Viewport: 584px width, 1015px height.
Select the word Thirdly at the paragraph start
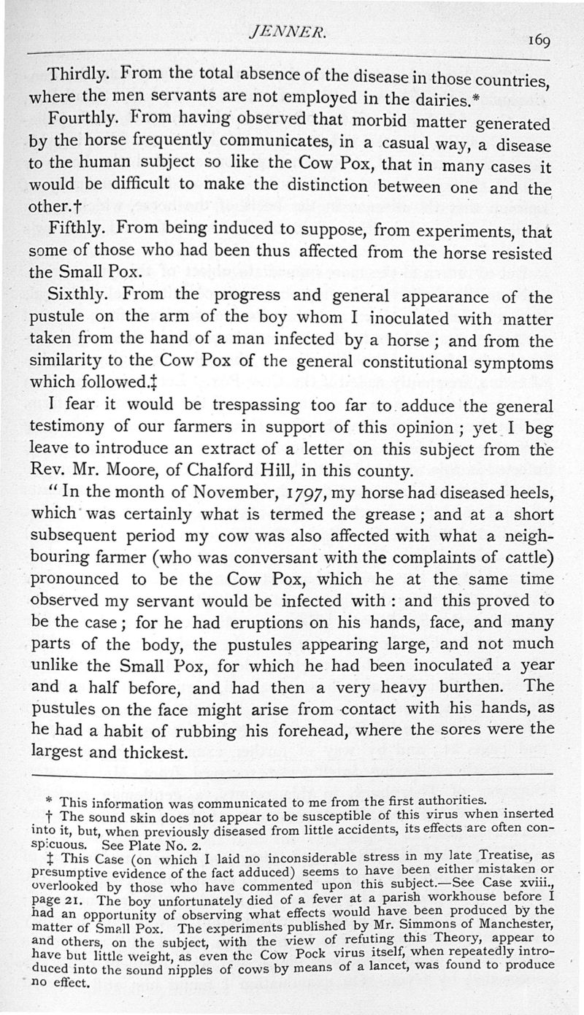pyautogui.click(x=77, y=74)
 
